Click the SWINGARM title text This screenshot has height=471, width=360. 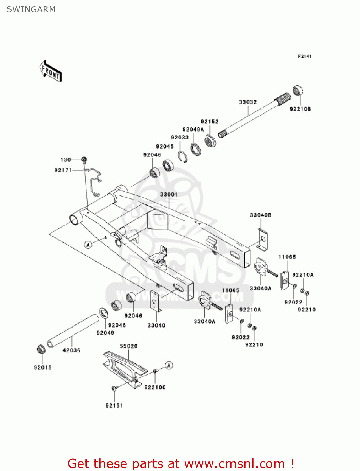(31, 9)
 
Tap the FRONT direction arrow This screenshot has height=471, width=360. (51, 71)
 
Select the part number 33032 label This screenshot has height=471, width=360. (248, 102)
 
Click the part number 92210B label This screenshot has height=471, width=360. (300, 109)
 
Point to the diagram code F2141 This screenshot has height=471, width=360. (304, 56)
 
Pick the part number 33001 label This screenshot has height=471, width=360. (169, 194)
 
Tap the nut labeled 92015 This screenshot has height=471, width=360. (40, 349)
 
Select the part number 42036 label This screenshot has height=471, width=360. (72, 350)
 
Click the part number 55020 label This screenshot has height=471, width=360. (129, 346)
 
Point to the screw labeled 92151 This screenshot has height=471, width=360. (114, 388)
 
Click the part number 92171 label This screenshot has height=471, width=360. (63, 170)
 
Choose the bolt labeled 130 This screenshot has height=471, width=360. (84, 160)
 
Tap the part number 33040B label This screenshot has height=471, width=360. (261, 215)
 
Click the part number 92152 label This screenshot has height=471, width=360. (210, 122)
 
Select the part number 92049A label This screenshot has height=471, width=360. (193, 129)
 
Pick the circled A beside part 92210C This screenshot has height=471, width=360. (169, 365)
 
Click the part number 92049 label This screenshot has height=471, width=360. (105, 333)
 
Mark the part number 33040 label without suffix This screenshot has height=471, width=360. (156, 325)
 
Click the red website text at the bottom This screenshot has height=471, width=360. (180, 463)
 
